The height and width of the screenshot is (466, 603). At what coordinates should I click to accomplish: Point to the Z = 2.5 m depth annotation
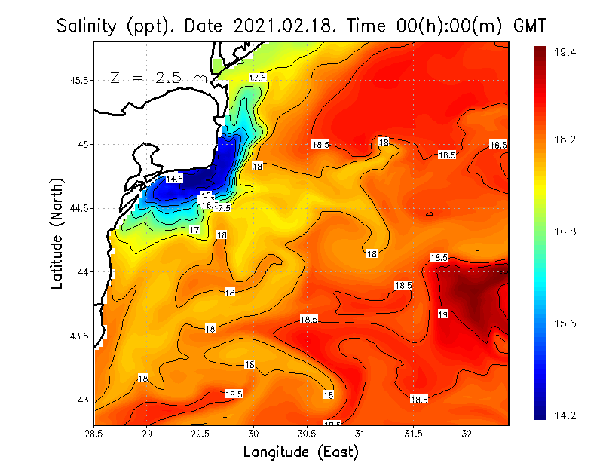(x=159, y=77)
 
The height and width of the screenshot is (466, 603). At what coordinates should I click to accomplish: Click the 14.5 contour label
(x=174, y=179)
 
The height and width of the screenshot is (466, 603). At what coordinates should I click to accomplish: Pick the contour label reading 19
(x=443, y=314)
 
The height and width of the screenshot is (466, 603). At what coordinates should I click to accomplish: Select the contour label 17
(x=194, y=230)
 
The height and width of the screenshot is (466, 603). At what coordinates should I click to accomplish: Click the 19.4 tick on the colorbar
(x=565, y=52)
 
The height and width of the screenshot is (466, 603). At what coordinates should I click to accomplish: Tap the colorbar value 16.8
(x=565, y=231)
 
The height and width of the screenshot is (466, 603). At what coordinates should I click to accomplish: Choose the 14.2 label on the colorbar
(x=565, y=415)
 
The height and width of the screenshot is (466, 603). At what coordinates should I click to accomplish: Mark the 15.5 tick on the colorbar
(x=565, y=323)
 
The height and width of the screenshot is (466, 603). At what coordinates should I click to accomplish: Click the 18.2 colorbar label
(x=565, y=140)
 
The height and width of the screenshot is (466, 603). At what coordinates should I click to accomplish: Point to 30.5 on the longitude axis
(x=307, y=434)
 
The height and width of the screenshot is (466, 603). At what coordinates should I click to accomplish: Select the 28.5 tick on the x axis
(x=94, y=434)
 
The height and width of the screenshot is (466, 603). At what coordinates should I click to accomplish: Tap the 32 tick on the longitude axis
(x=467, y=434)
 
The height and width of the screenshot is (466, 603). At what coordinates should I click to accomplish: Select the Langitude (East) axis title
(x=301, y=452)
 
